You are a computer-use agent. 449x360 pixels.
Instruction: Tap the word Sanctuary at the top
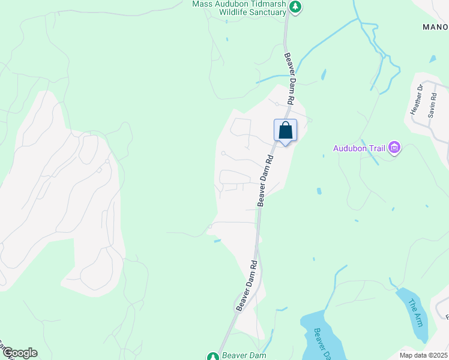pos(265,12)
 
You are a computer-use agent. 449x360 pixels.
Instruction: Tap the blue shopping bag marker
pos(286,131)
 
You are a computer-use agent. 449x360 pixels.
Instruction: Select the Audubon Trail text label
pos(359,148)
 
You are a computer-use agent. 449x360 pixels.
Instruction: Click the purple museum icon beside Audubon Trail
pos(394,147)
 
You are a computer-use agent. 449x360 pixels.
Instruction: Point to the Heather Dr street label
pos(417,100)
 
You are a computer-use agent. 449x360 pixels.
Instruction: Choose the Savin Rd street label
pos(432,105)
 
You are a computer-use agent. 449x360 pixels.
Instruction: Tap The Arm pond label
pos(415,312)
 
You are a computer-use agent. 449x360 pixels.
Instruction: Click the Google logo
pos(19,353)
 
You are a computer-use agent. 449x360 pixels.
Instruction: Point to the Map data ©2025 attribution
pos(424,355)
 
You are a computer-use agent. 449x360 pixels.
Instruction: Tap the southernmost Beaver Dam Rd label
pos(246,286)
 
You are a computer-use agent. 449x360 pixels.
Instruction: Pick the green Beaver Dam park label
pos(244,355)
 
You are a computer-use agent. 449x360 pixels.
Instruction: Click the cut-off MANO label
pos(435,27)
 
